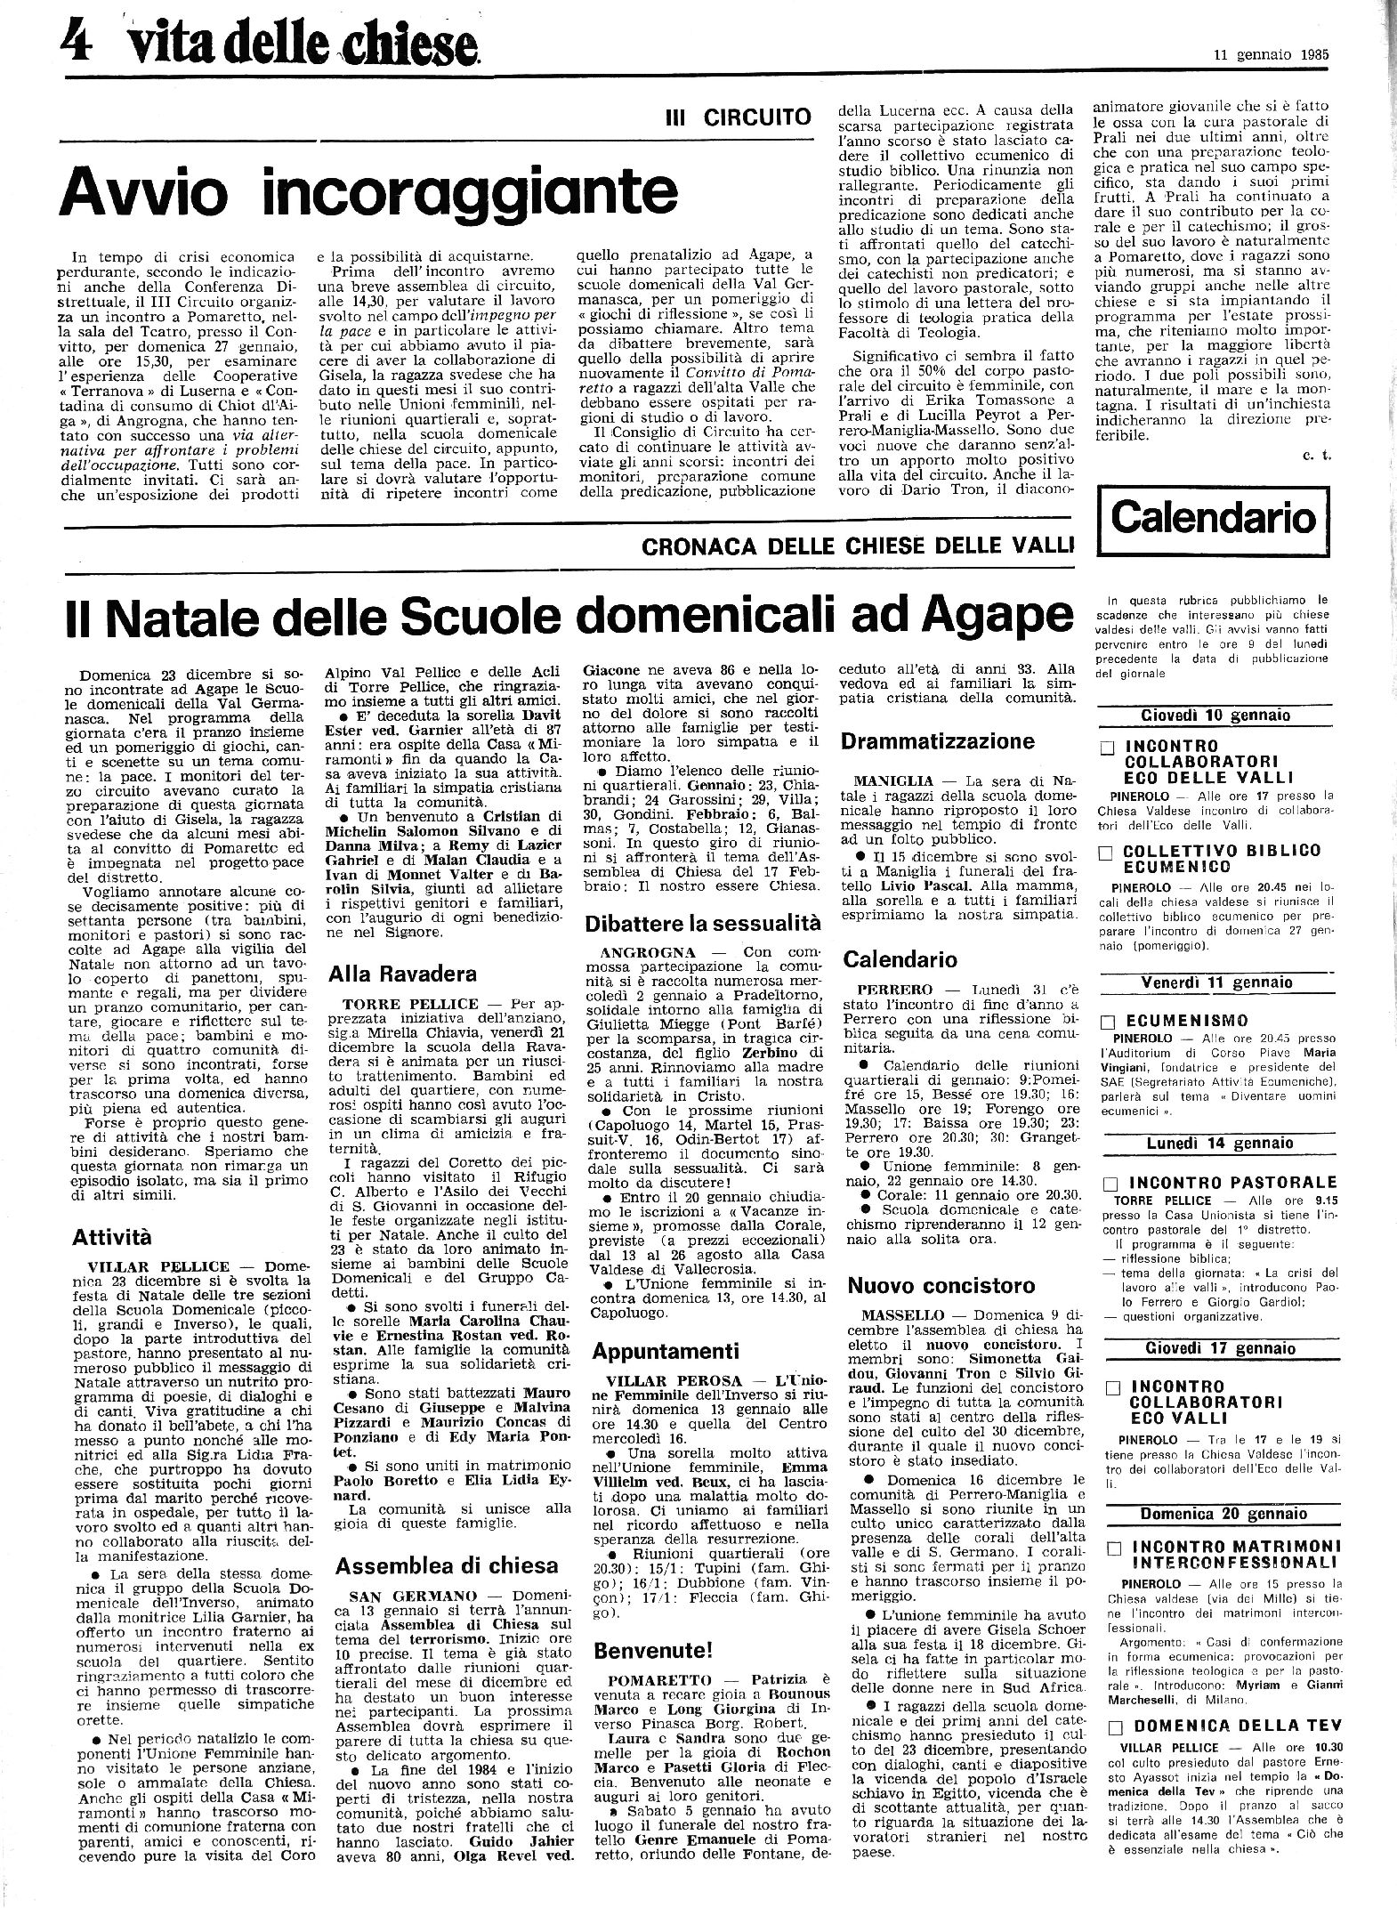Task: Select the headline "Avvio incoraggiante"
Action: click(x=367, y=190)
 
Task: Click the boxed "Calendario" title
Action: click(x=1214, y=517)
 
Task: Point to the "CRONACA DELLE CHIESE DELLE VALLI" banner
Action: click(x=857, y=546)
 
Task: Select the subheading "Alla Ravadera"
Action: click(x=402, y=974)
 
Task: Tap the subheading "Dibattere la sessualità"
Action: click(x=702, y=923)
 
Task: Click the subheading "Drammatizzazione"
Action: click(x=938, y=741)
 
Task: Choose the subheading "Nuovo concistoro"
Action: click(x=941, y=1285)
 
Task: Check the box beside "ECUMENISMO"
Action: click(x=1108, y=1022)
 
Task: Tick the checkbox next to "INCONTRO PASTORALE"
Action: click(x=1109, y=1184)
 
